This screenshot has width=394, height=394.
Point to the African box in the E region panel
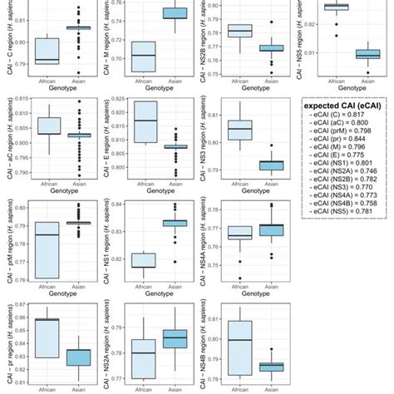(145, 121)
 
